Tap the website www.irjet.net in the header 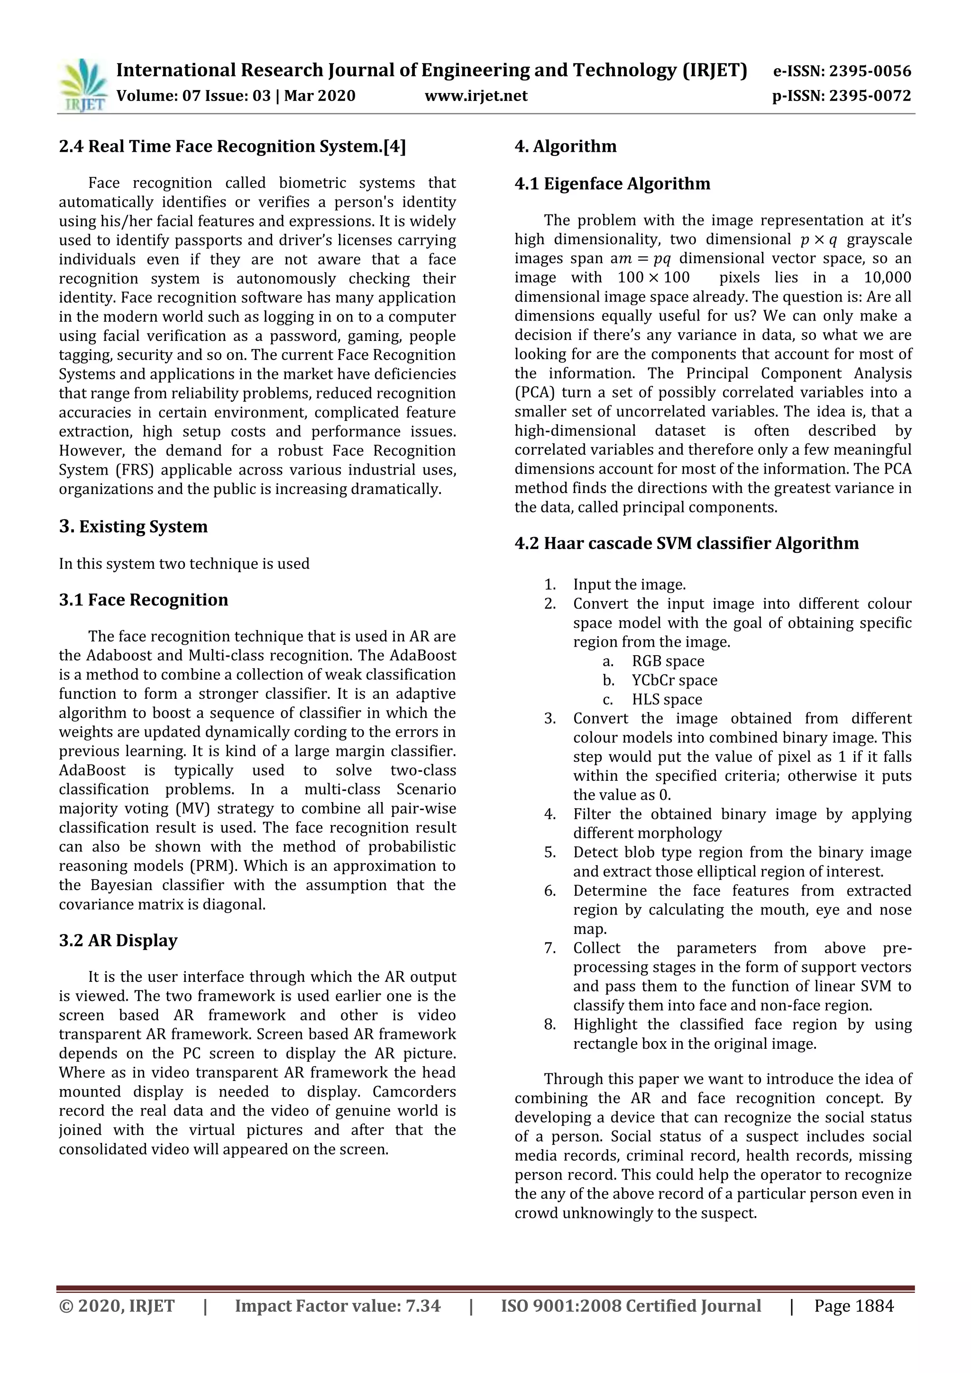click(x=476, y=96)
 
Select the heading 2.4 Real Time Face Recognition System click(x=232, y=146)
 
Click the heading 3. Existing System click(x=133, y=527)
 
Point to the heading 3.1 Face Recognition click(x=144, y=600)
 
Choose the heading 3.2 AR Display click(x=119, y=941)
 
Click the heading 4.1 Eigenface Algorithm click(x=612, y=183)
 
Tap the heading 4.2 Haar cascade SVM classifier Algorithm click(x=687, y=544)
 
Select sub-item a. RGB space click(x=667, y=661)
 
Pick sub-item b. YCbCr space click(x=674, y=680)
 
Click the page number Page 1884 click(x=853, y=1322)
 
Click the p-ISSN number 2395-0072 click(x=870, y=96)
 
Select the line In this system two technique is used click(x=184, y=564)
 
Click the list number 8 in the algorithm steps click(x=549, y=1025)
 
